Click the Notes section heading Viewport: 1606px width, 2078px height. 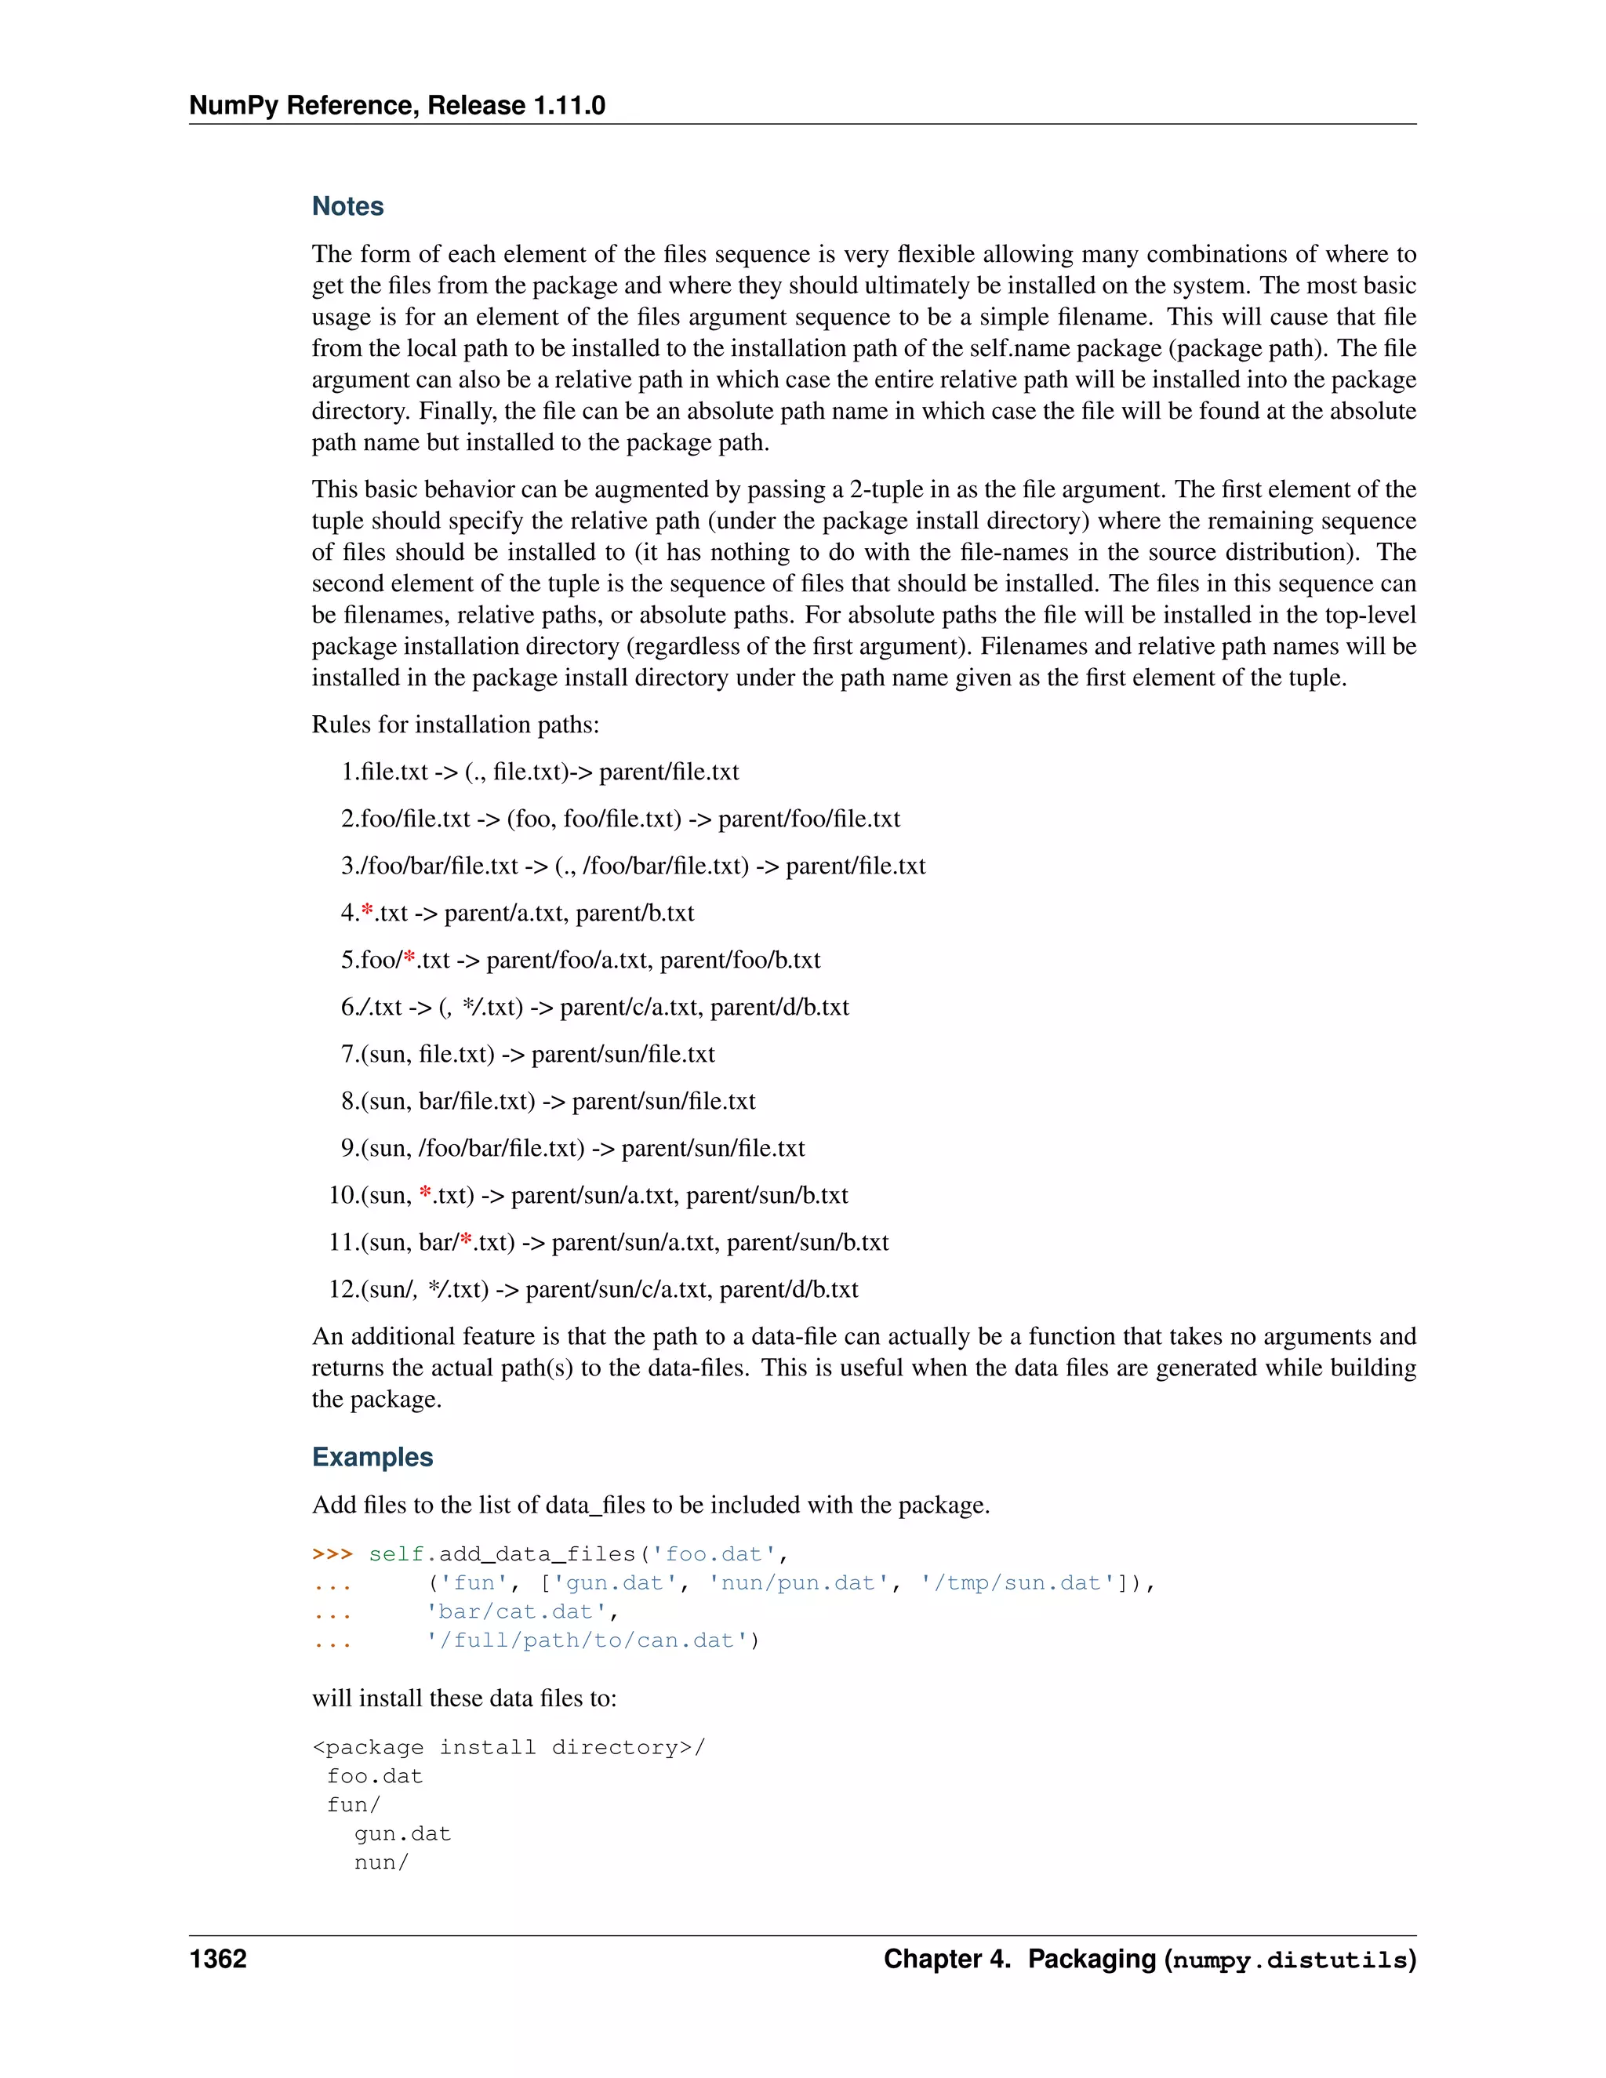click(x=347, y=206)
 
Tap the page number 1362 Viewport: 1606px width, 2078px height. click(x=218, y=1958)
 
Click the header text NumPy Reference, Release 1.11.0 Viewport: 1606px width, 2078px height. click(x=397, y=106)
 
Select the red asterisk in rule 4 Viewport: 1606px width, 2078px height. click(x=367, y=911)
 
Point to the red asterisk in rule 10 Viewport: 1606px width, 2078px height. click(x=425, y=1193)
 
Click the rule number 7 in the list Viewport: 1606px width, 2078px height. click(x=348, y=1054)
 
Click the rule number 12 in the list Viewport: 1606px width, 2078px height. click(x=342, y=1289)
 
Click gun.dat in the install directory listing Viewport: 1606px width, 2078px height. click(x=401, y=1833)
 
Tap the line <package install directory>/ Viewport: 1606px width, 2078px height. click(x=508, y=1747)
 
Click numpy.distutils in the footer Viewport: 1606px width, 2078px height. click(x=1289, y=1960)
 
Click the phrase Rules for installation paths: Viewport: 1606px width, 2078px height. click(x=455, y=725)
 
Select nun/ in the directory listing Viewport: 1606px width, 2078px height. click(x=380, y=1862)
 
